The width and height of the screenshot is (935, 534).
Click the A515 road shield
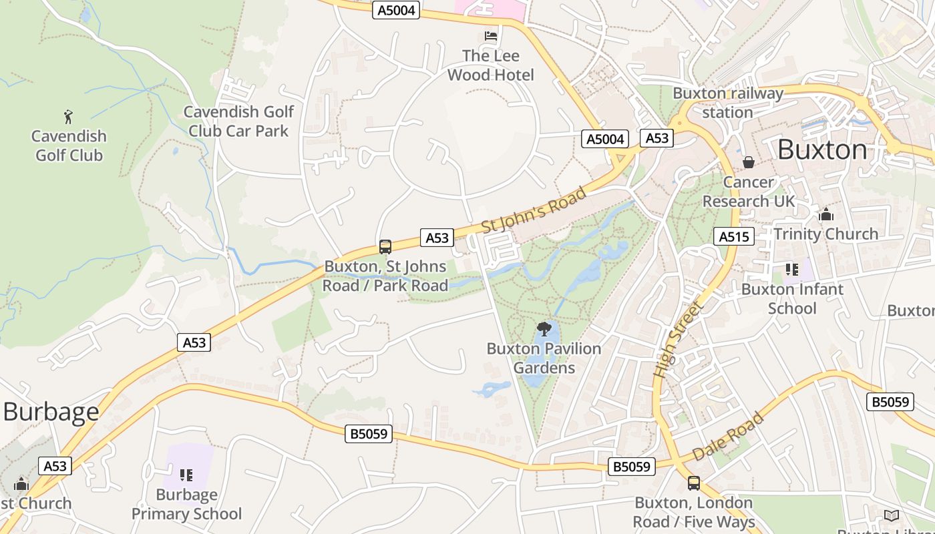click(735, 236)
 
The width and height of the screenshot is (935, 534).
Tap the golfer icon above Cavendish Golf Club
click(68, 117)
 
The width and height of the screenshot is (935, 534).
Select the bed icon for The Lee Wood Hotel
click(491, 36)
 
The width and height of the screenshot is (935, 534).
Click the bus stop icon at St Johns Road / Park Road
click(385, 246)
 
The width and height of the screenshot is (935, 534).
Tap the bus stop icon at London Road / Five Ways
click(694, 483)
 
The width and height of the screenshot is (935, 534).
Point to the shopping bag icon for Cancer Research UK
click(749, 162)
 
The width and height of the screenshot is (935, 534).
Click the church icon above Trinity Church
click(826, 214)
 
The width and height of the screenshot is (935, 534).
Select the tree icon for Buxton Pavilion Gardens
click(544, 328)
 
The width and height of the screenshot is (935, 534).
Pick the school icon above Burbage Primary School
click(186, 475)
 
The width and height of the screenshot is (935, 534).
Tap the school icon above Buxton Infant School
click(792, 270)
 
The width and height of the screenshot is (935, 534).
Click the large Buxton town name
click(822, 150)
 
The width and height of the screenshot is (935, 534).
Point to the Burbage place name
click(51, 412)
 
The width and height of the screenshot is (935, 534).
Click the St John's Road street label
click(534, 210)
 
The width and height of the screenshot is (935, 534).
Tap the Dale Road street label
click(728, 437)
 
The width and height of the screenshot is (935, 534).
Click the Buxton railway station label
click(727, 103)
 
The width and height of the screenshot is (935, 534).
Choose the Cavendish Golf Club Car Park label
click(238, 121)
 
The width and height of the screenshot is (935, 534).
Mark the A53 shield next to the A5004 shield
click(657, 138)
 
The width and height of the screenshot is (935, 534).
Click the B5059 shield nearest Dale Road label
click(631, 467)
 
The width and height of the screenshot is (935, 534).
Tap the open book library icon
click(892, 515)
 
